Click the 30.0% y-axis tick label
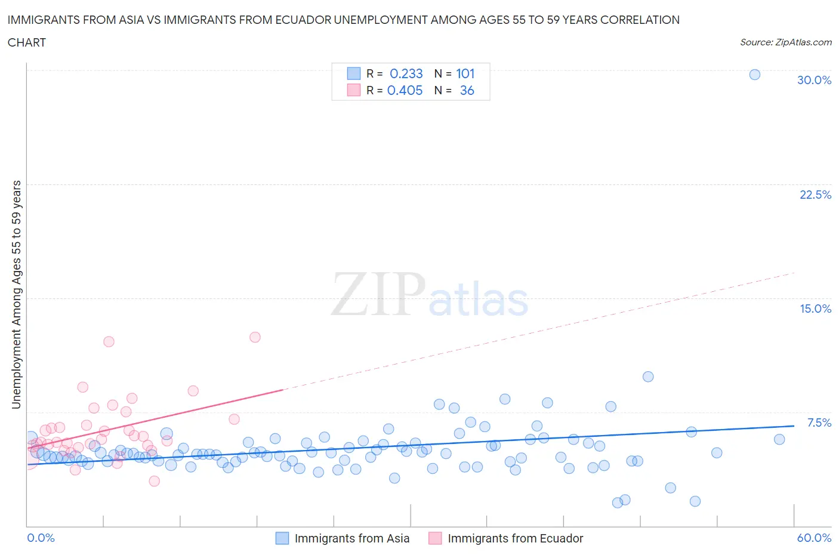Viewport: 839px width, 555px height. point(814,80)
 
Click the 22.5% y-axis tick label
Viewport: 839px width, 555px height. point(815,195)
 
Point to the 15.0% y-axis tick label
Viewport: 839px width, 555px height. point(815,309)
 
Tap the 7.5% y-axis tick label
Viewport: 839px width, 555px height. point(819,423)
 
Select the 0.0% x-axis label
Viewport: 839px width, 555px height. point(41,538)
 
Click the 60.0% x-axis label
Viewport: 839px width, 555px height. point(814,538)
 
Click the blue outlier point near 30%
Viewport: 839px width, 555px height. point(754,75)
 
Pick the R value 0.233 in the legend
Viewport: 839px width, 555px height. point(406,73)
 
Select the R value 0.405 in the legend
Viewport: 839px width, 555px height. point(405,90)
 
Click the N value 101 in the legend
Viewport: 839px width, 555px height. point(465,73)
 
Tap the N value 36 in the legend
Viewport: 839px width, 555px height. point(467,90)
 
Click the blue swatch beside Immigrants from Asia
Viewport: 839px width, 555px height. point(282,538)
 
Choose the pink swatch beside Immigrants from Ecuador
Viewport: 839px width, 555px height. point(435,538)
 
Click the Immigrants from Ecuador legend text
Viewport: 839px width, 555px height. point(515,538)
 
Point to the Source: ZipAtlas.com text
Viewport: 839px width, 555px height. point(785,42)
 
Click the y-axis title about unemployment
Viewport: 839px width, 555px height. point(16,294)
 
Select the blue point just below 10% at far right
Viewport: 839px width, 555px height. point(647,377)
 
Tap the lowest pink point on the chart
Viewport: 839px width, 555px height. point(154,481)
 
